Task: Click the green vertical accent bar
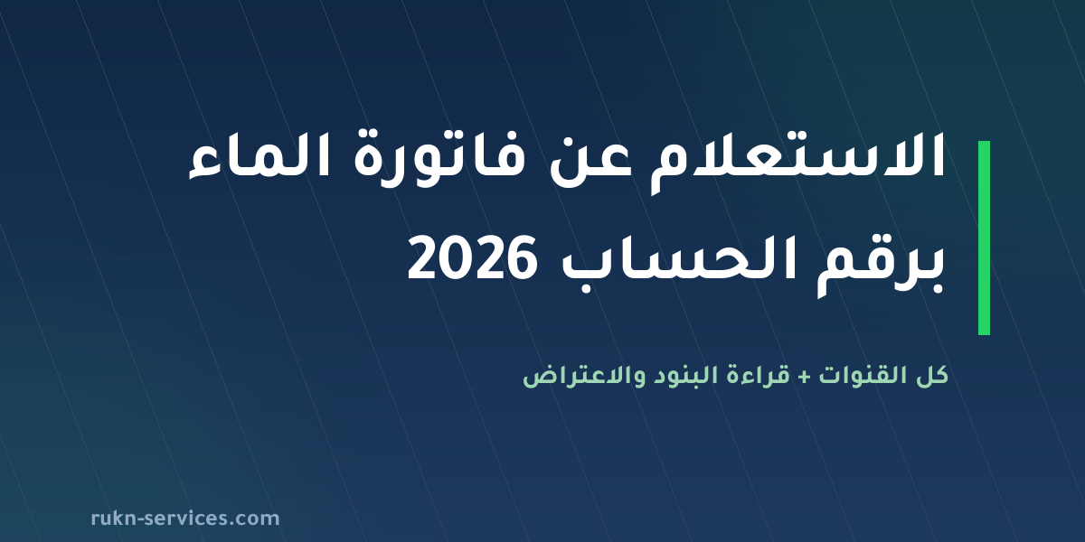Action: [984, 238]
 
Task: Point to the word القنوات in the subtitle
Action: [860, 375]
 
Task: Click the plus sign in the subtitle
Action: [804, 378]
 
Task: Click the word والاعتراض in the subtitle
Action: [578, 377]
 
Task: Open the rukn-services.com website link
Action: [185, 519]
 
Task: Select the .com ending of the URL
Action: [255, 519]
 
